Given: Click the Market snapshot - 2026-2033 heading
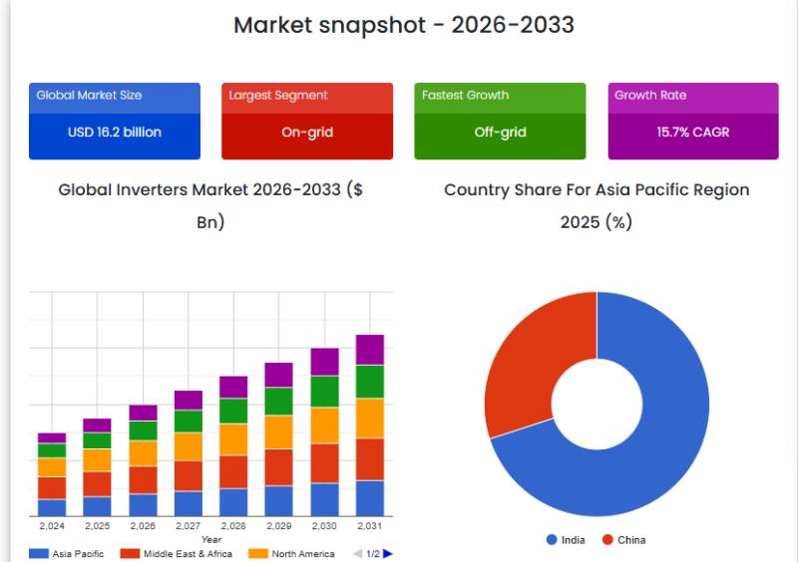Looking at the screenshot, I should tap(403, 25).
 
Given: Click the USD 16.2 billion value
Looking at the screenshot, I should tap(115, 132).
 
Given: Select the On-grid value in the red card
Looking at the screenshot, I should tap(307, 132).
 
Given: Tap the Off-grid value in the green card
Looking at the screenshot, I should tap(500, 132).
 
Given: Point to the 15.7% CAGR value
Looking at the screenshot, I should tap(692, 132).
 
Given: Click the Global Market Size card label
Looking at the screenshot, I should tap(89, 96).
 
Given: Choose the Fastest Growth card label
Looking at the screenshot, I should tap(465, 96).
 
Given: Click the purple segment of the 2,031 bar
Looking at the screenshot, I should tap(370, 350).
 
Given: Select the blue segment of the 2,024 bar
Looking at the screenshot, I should tap(52, 507).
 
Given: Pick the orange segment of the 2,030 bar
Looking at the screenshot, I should tap(325, 424).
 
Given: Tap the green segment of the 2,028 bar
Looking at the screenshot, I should tap(233, 411).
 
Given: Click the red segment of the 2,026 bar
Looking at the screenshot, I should tap(143, 479).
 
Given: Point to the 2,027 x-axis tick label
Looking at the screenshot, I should tap(188, 526).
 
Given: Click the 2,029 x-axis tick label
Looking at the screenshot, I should tap(278, 526).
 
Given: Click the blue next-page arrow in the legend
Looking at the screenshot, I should tap(388, 553).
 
